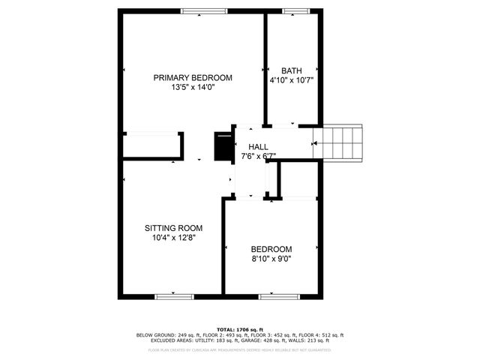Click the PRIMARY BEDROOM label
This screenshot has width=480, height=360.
click(x=193, y=78)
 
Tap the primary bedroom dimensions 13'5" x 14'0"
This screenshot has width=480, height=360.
click(x=193, y=88)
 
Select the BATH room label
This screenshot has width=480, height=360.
click(x=291, y=71)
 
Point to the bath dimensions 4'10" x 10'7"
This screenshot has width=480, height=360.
click(x=291, y=80)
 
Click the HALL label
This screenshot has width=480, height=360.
click(x=258, y=147)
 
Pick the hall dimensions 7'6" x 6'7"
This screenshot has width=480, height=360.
click(x=258, y=156)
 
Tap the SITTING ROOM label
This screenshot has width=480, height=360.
click(x=174, y=228)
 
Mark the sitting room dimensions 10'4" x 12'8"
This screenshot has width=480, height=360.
click(x=174, y=238)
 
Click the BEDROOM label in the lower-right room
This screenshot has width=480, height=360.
click(x=271, y=249)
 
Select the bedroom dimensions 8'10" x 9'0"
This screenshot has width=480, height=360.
click(x=271, y=259)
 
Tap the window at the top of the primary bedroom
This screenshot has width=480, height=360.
click(x=204, y=10)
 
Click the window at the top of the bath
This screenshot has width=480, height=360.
click(x=294, y=10)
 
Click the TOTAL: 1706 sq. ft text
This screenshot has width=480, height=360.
click(x=240, y=329)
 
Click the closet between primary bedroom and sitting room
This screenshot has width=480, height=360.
click(x=152, y=145)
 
